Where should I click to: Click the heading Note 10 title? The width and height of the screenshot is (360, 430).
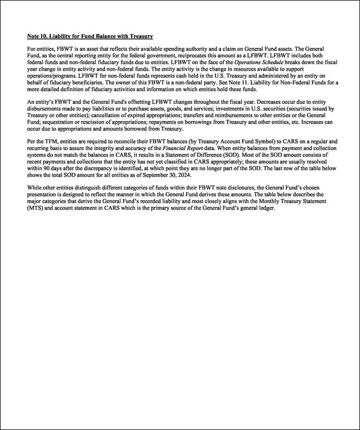(90, 36)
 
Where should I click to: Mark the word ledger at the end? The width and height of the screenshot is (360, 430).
(264, 208)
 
